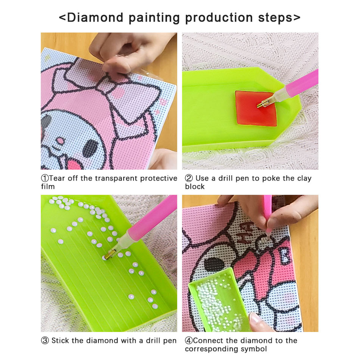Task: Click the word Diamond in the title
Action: [x=95, y=18]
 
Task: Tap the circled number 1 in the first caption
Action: [x=45, y=178]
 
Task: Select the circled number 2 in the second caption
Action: [x=189, y=178]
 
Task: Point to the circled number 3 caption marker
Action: [x=45, y=341]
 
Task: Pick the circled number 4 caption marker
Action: [x=189, y=341]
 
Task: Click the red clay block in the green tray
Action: [x=255, y=108]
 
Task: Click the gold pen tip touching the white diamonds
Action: [x=108, y=254]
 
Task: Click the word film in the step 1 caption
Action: [x=48, y=186]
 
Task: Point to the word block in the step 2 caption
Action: [x=195, y=186]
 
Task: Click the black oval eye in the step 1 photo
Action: [x=90, y=148]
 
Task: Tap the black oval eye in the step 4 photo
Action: [x=214, y=264]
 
